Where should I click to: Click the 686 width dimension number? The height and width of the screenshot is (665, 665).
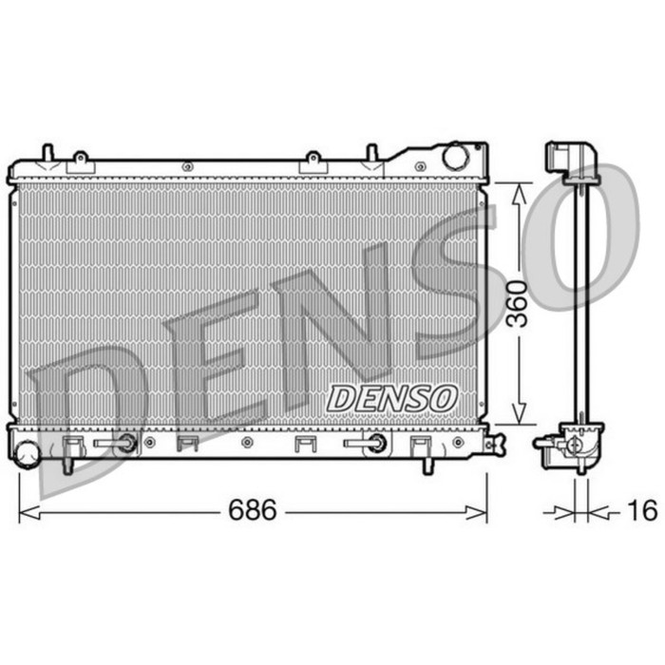[x=252, y=511]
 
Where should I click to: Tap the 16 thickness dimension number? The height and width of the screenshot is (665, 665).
[x=642, y=511]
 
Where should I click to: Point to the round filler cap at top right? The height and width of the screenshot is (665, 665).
[x=455, y=156]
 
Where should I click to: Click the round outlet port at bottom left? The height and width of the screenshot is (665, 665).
[x=26, y=449]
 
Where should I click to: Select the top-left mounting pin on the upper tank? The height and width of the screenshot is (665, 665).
[x=47, y=153]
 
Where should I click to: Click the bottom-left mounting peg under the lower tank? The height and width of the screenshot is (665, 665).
[x=68, y=466]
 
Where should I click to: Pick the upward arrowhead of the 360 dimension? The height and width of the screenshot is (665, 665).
[x=518, y=193]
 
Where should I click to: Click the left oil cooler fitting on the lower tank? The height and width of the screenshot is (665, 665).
[x=123, y=443]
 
